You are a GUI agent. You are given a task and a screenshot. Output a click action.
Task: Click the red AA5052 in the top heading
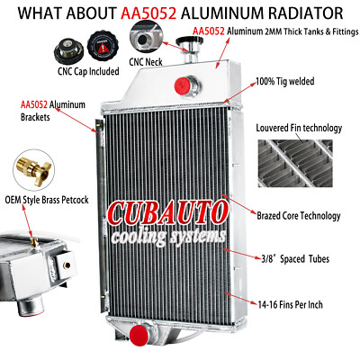click(x=148, y=13)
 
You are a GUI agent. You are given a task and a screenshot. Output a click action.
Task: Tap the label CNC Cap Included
click(x=88, y=71)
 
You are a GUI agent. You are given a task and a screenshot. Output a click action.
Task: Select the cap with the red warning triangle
click(x=103, y=46)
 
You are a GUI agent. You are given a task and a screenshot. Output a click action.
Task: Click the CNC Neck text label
click(x=146, y=62)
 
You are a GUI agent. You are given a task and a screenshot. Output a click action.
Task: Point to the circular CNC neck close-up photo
click(x=146, y=37)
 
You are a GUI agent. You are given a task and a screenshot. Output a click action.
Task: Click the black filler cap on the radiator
click(x=189, y=41)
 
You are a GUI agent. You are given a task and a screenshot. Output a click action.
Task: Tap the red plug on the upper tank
click(x=183, y=85)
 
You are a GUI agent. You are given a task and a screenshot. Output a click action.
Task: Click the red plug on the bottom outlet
click(x=139, y=336)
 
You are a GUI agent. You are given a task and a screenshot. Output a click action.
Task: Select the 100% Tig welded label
click(x=285, y=81)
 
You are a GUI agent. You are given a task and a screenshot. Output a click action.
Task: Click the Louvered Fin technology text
click(x=299, y=128)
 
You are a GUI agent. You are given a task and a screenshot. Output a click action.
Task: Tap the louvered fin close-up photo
click(x=295, y=163)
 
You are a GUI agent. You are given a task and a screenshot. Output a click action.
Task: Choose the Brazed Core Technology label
click(x=299, y=216)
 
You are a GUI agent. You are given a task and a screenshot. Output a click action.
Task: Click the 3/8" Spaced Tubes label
click(x=295, y=258)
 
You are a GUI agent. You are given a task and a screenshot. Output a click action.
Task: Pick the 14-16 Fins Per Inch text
click(x=291, y=305)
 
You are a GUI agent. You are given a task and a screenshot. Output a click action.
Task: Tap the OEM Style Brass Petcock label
click(x=47, y=200)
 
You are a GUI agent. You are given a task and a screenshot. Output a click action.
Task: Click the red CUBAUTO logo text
click(x=167, y=214)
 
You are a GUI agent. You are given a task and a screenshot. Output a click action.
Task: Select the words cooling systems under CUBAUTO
click(x=168, y=237)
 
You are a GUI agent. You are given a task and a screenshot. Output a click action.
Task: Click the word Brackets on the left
click(x=35, y=117)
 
